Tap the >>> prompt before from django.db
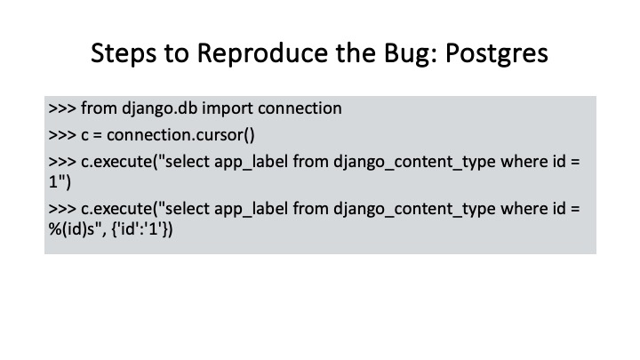click(x=62, y=108)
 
